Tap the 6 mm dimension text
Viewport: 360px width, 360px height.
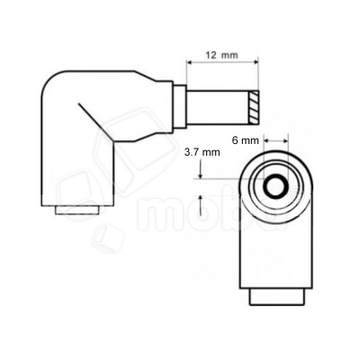click(x=246, y=139)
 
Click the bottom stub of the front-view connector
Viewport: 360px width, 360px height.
click(x=274, y=297)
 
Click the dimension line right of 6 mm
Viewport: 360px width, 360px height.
click(x=274, y=140)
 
